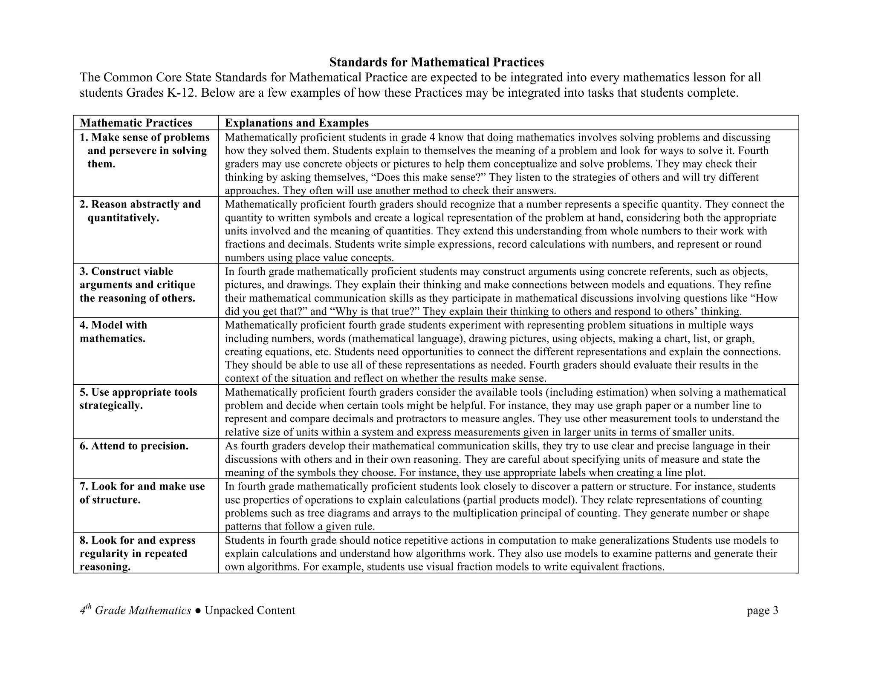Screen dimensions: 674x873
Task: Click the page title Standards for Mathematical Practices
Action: pyautogui.click(x=436, y=63)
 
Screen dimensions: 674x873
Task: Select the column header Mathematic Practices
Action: pyautogui.click(x=136, y=123)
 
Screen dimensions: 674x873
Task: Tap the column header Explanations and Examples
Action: pyautogui.click(x=297, y=123)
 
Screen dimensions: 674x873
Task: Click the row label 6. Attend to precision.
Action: pyautogui.click(x=134, y=446)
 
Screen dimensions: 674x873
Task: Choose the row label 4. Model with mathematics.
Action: pyautogui.click(x=113, y=332)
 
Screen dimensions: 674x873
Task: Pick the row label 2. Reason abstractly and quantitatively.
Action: pyautogui.click(x=140, y=211)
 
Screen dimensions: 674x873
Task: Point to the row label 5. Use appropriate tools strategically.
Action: pyautogui.click(x=138, y=399)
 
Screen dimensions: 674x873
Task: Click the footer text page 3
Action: pyautogui.click(x=762, y=611)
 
